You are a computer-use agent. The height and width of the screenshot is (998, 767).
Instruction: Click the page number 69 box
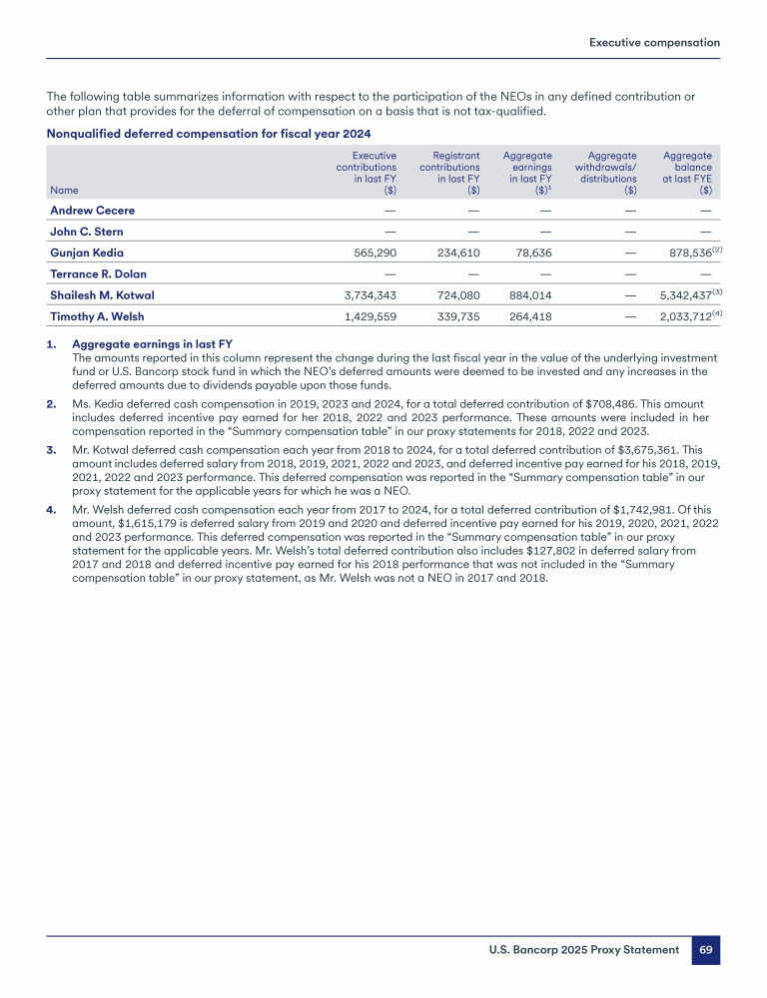(x=705, y=950)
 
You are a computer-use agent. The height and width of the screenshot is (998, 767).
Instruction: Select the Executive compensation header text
(x=654, y=43)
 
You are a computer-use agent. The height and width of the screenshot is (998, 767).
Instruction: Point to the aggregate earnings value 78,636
(x=531, y=253)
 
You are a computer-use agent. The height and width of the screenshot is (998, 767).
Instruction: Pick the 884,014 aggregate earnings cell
(x=528, y=295)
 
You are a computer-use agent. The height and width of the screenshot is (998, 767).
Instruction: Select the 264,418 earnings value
(x=528, y=316)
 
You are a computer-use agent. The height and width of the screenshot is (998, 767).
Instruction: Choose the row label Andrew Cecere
(x=92, y=211)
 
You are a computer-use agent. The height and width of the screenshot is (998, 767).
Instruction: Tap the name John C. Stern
(x=87, y=233)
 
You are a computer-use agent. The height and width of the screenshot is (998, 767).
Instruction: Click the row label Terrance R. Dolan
(x=98, y=274)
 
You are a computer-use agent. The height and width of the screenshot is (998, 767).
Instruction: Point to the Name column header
(x=64, y=190)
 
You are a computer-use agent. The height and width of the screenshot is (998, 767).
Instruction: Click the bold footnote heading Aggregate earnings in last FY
(x=152, y=345)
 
